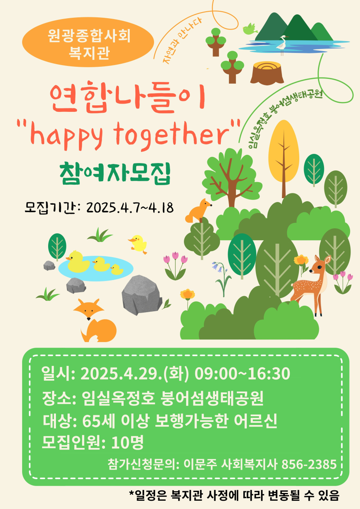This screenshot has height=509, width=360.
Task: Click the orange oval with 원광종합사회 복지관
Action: pos(88,42)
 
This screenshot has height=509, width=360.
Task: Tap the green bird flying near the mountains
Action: pos(250,29)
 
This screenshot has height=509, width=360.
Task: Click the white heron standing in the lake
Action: pos(282,45)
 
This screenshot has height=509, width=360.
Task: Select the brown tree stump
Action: pos(267,73)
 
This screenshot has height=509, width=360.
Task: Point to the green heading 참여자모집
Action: pos(115,174)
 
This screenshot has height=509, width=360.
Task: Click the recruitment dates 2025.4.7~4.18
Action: pos(130,207)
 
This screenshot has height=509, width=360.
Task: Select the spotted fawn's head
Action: pos(319,265)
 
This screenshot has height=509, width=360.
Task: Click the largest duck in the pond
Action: pos(78,261)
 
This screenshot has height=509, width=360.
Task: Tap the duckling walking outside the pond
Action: pos(138,244)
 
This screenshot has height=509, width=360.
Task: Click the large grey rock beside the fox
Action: pos(142,295)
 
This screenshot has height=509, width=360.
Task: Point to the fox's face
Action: pos(88,310)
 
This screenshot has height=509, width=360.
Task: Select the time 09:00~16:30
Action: pos(242,374)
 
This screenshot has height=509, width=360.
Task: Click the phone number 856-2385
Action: pos(309,464)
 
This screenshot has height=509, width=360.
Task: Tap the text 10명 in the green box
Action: pos(127,442)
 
